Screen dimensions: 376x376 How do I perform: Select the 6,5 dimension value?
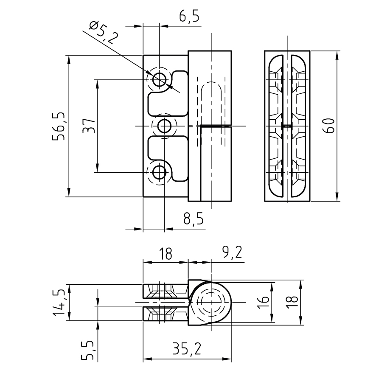point(189,17)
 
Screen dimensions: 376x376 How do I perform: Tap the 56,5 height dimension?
point(59,126)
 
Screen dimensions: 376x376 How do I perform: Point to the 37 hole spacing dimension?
point(88,126)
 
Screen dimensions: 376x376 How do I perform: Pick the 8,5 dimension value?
point(193,220)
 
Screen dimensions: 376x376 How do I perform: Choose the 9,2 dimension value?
point(232,253)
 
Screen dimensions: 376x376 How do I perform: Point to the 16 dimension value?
point(264,302)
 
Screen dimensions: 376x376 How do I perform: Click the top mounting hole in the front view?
point(160,79)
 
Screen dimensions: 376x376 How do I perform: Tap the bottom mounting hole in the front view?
point(160,172)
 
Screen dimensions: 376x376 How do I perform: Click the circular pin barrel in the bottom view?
point(210,302)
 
